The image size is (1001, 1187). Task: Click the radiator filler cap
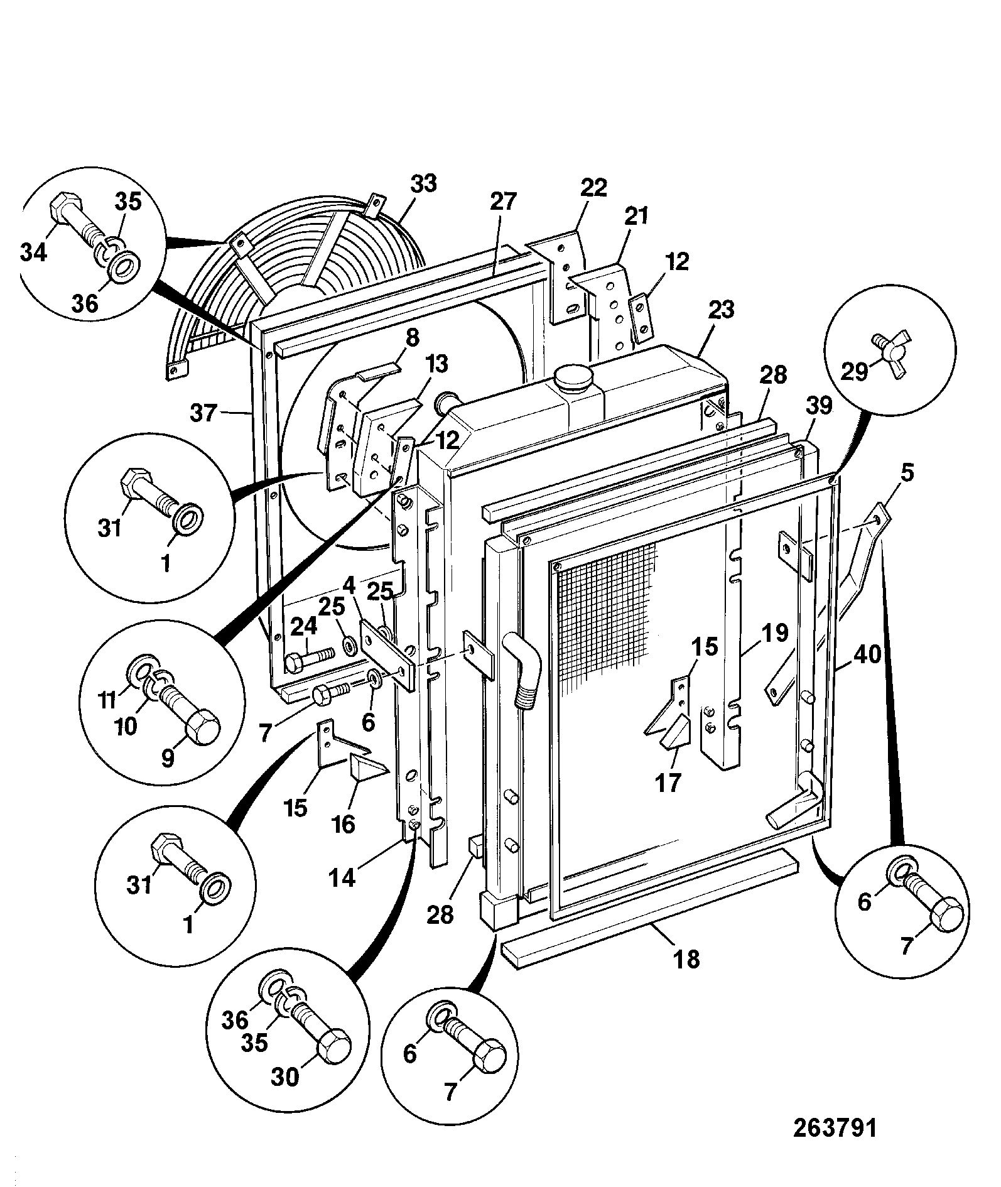click(573, 380)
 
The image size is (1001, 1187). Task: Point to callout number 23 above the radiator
click(721, 310)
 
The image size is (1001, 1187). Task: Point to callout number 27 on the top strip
click(503, 202)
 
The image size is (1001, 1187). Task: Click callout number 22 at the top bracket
click(594, 187)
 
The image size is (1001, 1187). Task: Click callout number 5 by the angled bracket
click(907, 472)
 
